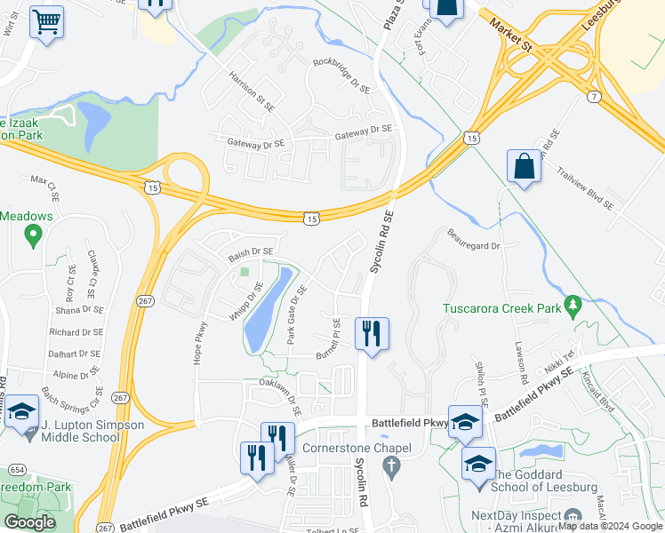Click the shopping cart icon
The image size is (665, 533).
click(x=46, y=21)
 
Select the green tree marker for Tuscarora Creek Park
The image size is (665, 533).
click(x=573, y=306)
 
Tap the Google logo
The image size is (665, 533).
click(x=29, y=522)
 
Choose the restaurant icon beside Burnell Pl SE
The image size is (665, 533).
click(x=371, y=334)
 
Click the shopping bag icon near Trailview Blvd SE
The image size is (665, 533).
click(x=524, y=166)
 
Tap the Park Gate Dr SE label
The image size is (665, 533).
click(x=296, y=315)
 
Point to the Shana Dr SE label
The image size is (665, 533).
click(x=80, y=309)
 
